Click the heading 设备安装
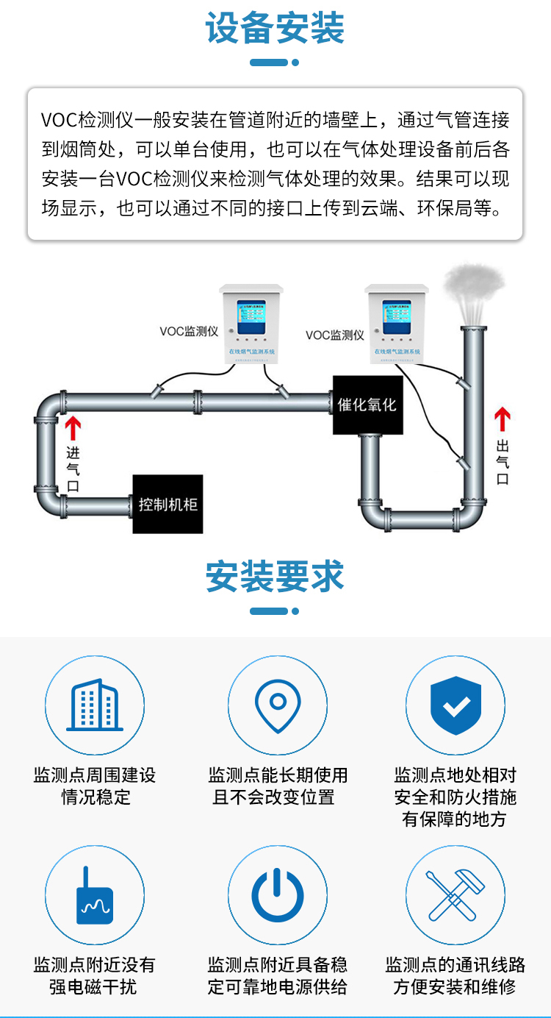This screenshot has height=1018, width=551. click(x=275, y=29)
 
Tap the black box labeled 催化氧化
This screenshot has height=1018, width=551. click(x=367, y=405)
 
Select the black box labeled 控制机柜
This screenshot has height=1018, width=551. click(x=168, y=505)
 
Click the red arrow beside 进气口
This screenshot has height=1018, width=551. click(x=72, y=428)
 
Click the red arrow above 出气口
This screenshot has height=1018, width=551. click(x=503, y=420)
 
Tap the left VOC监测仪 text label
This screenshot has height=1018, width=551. click(x=189, y=332)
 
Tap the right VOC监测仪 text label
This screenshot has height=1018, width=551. click(x=335, y=335)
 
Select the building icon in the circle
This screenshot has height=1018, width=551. click(x=95, y=705)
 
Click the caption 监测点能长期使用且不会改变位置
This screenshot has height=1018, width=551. click(x=277, y=786)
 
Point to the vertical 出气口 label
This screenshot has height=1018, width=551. click(x=503, y=462)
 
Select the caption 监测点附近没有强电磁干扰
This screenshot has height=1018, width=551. click(x=95, y=975)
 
